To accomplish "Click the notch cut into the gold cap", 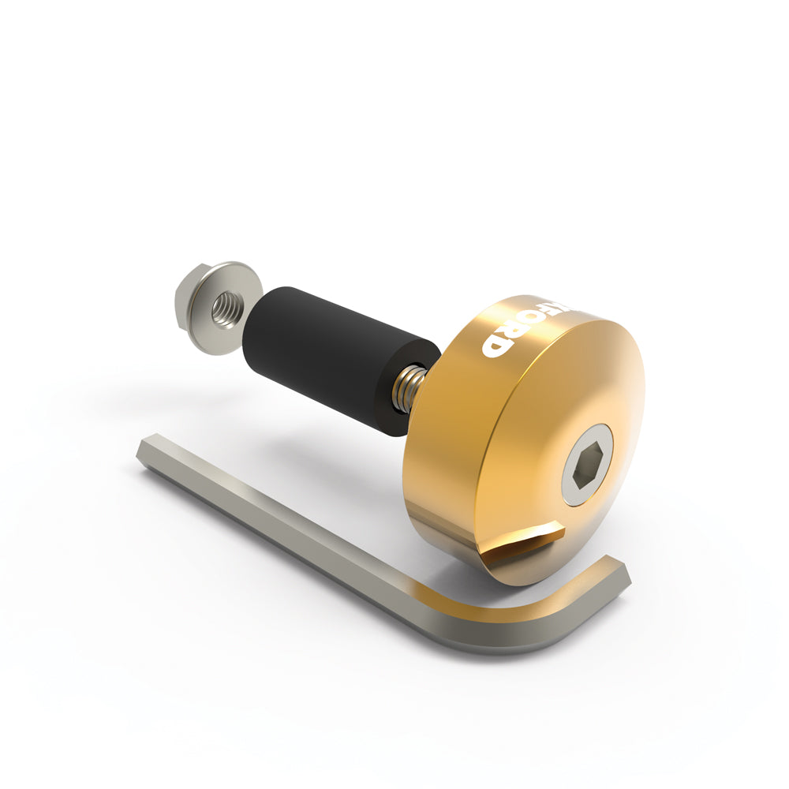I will pos(525,544).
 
